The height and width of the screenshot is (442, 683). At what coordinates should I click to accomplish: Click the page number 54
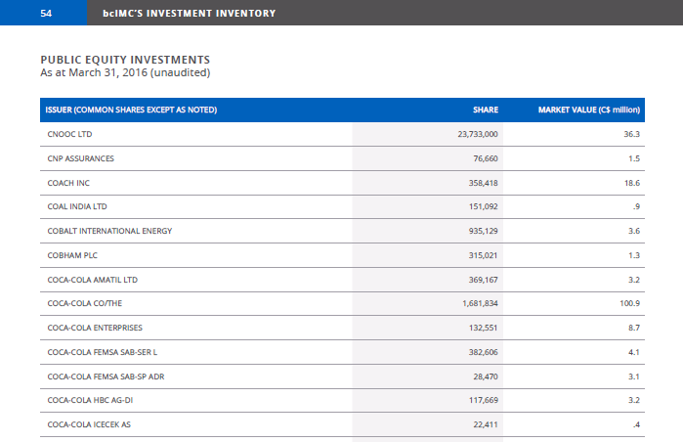click(46, 14)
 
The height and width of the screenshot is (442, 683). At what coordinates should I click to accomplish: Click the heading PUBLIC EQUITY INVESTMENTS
click(125, 60)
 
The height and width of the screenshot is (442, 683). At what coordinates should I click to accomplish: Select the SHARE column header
click(486, 110)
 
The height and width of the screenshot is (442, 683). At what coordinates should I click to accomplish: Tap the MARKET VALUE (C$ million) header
click(589, 110)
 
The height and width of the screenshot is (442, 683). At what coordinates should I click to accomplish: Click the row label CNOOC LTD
click(69, 134)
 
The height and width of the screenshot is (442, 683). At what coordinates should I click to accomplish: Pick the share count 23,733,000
click(478, 134)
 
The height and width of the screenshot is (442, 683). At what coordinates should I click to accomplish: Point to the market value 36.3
click(631, 134)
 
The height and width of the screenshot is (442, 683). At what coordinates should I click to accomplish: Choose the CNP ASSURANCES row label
click(80, 158)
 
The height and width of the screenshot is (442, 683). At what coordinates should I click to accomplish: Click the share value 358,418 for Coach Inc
click(483, 183)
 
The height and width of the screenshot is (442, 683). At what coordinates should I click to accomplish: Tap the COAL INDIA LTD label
click(77, 206)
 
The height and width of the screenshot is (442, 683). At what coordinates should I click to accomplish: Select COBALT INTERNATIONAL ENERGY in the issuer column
click(109, 231)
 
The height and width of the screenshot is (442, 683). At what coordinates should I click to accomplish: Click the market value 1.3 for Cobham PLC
click(634, 255)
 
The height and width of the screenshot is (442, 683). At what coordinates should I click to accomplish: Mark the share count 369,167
click(483, 280)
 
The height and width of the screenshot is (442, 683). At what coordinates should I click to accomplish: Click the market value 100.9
click(630, 303)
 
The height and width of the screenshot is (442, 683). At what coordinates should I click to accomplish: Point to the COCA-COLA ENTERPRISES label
click(95, 328)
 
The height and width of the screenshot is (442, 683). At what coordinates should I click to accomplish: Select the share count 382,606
click(483, 352)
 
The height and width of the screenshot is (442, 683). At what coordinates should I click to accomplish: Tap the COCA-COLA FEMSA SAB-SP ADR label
click(106, 376)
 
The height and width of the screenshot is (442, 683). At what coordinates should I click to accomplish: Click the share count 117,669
click(483, 400)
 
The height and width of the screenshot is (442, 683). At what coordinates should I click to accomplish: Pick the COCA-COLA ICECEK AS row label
click(89, 424)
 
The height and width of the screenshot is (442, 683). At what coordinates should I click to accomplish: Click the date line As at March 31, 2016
click(125, 72)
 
